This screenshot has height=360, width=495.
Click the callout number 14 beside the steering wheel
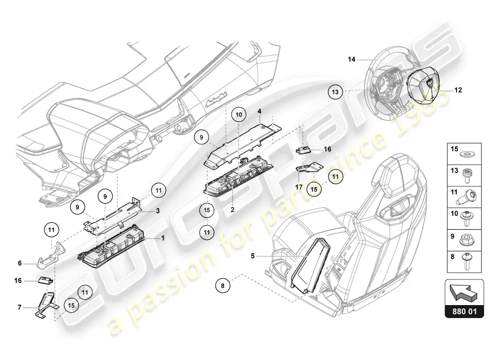pyautogui.click(x=351, y=59)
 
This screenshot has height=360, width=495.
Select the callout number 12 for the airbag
pyautogui.click(x=458, y=90)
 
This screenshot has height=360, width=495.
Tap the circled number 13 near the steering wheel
pyautogui.click(x=335, y=92)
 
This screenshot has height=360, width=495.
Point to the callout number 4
pyautogui.click(x=260, y=110)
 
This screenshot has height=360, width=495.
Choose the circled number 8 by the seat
pyautogui.click(x=222, y=284)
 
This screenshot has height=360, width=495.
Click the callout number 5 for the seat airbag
pyautogui.click(x=253, y=256)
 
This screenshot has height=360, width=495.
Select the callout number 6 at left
pyautogui.click(x=20, y=264)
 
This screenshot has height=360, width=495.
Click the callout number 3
pyautogui.click(x=157, y=211)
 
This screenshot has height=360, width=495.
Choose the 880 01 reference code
pyautogui.click(x=464, y=311)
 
